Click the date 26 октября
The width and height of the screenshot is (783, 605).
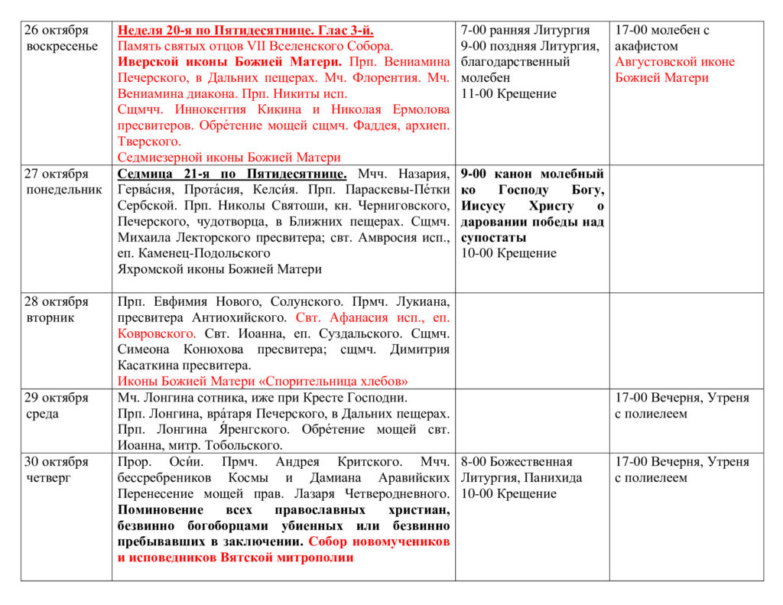57,31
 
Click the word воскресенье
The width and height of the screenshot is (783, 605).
62,46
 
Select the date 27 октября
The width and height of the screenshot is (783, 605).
57,174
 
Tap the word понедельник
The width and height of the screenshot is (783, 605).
64,190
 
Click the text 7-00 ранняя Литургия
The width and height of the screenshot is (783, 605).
525,31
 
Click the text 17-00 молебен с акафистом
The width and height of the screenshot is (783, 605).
662,38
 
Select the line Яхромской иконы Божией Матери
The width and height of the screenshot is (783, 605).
220,269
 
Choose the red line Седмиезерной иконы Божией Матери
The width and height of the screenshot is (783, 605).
229,158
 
